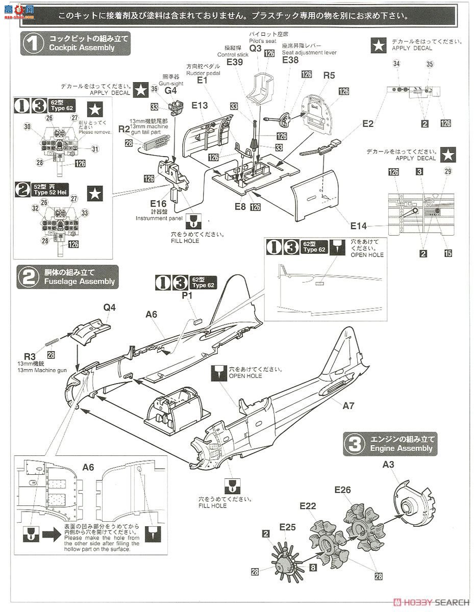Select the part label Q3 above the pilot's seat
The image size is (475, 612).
tap(256, 48)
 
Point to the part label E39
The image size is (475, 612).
tap(234, 62)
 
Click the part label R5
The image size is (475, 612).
tap(329, 75)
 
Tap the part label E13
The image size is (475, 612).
tap(200, 106)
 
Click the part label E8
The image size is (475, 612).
tap(240, 206)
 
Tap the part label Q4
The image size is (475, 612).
tap(110, 308)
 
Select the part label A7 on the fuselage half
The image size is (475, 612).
tap(348, 405)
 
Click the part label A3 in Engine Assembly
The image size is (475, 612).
tap(389, 464)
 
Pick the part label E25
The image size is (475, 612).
tap(287, 527)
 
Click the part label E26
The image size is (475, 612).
tap(343, 490)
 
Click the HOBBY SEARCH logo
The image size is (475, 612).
tap(431, 602)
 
